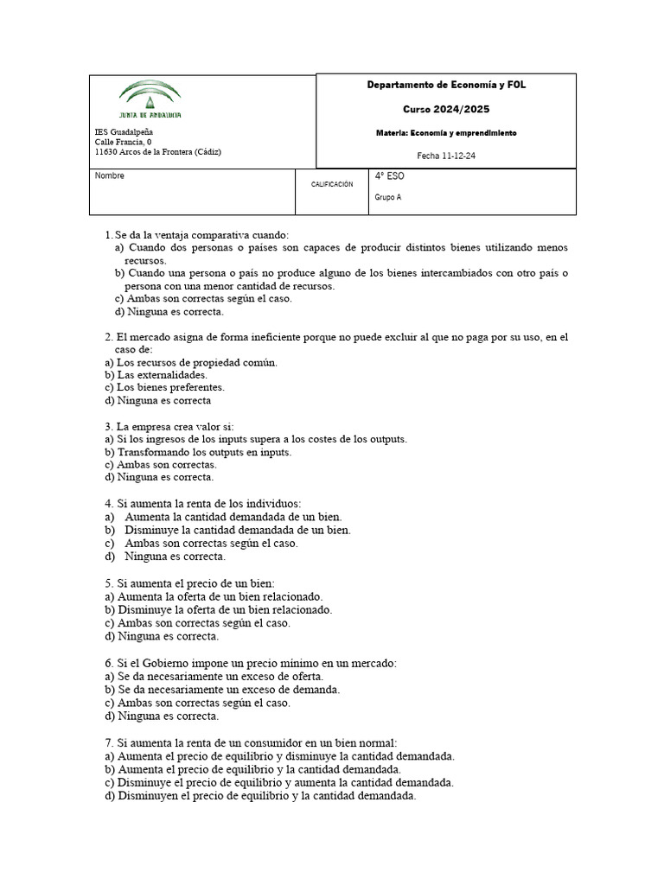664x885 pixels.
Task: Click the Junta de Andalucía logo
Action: [150, 99]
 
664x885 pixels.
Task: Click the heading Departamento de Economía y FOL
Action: [446, 85]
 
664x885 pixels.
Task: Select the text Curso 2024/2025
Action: [446, 110]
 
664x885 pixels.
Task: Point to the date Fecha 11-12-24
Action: [446, 156]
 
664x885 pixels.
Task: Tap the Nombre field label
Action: [109, 176]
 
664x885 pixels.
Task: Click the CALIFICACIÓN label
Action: [332, 184]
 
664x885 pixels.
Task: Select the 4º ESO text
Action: [389, 176]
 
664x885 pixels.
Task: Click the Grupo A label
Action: [388, 197]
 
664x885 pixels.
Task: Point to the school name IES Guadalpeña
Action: [124, 131]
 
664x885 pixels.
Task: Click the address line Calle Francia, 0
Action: [123, 142]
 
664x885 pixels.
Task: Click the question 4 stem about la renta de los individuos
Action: [202, 502]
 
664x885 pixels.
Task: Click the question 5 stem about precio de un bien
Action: [189, 583]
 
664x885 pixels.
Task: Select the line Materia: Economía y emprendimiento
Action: [446, 133]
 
